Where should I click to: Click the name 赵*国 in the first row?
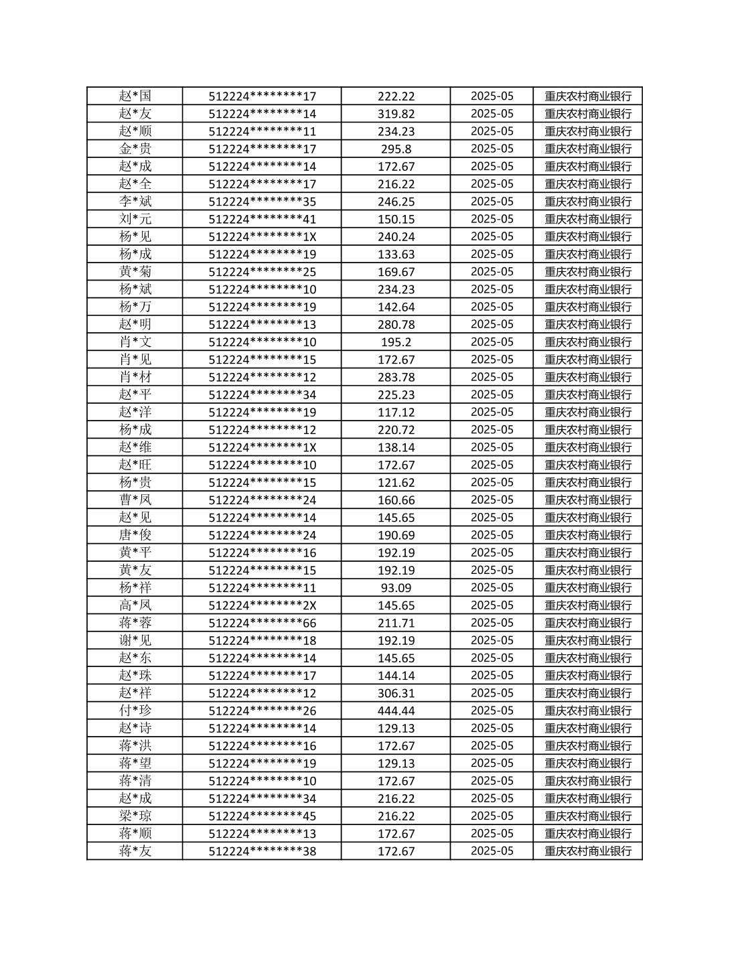coord(135,96)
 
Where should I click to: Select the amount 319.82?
coord(396,114)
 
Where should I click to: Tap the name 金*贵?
coord(135,149)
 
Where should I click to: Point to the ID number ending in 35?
coord(262,202)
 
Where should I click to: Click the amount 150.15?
coord(396,219)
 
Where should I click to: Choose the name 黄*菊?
coord(135,272)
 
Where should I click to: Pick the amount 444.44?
coord(396,711)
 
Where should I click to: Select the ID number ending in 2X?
coord(262,605)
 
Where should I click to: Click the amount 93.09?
coord(396,588)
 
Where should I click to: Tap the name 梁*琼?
coord(135,816)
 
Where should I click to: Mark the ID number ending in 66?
coord(262,623)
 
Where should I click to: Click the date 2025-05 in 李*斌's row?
coord(492,202)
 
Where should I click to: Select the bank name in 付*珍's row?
coord(588,711)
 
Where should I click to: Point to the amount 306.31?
coord(396,693)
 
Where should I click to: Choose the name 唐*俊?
coord(135,535)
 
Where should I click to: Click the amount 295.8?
coord(396,149)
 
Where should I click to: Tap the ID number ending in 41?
coord(262,219)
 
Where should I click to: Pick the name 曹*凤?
coord(135,500)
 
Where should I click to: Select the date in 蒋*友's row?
coord(492,851)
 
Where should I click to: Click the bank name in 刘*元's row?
coord(588,219)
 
